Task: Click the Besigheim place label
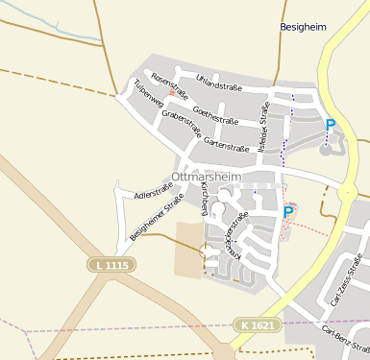click(x=305, y=28)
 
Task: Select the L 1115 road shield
click(x=112, y=264)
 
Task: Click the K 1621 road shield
click(x=258, y=326)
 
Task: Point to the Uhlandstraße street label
click(x=218, y=86)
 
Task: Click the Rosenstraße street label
click(x=170, y=86)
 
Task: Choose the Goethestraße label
click(x=215, y=115)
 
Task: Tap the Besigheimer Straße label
click(x=156, y=219)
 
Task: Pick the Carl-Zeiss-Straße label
click(x=345, y=280)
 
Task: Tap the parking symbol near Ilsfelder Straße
click(x=331, y=125)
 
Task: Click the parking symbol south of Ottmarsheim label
click(x=287, y=213)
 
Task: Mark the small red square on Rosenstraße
click(x=172, y=93)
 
